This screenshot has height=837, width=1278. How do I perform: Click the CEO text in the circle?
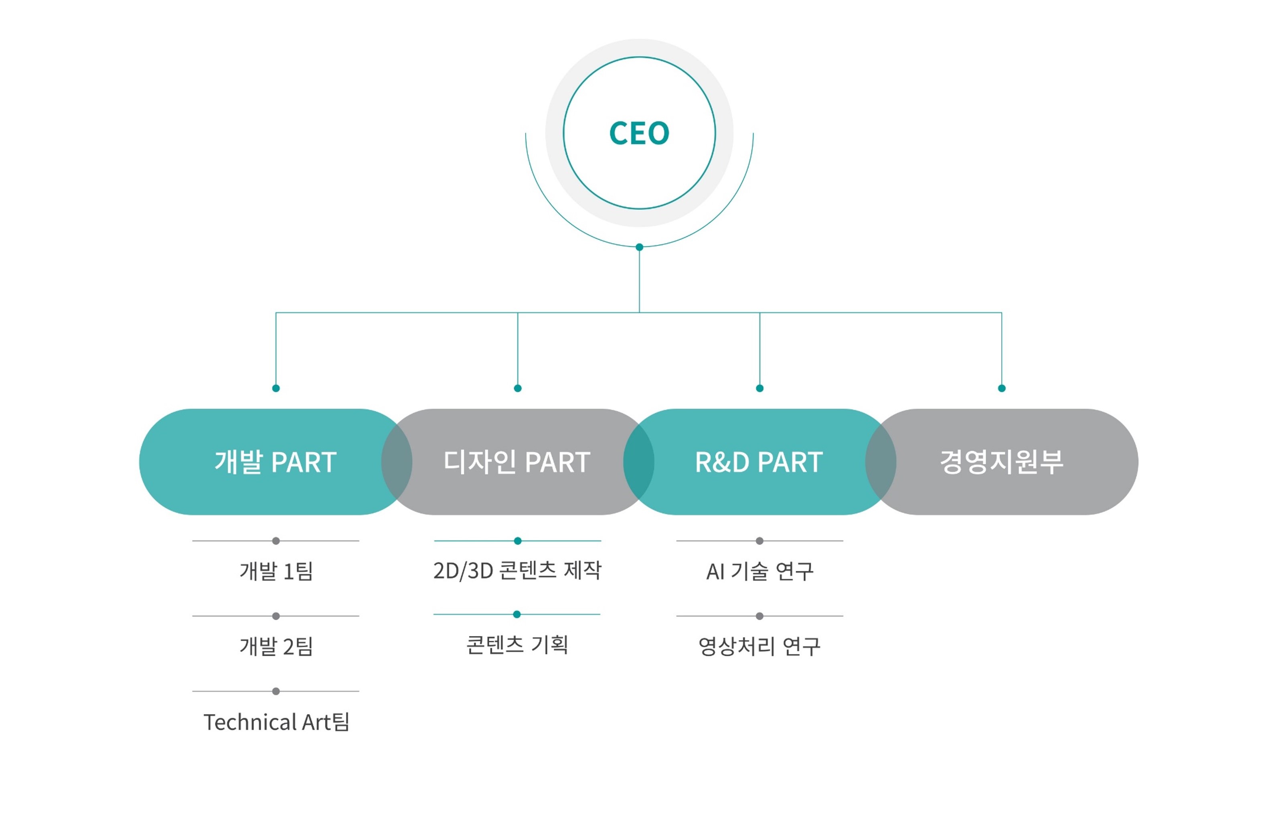pyautogui.click(x=639, y=133)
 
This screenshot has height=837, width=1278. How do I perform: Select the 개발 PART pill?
pyautogui.click(x=275, y=462)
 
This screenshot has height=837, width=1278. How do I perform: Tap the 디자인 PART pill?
pyautogui.click(x=517, y=462)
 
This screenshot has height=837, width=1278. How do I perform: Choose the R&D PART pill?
pyautogui.click(x=759, y=462)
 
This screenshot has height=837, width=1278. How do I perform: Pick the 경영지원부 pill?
pyautogui.click(x=1001, y=462)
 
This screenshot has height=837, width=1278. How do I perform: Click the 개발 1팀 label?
pyautogui.click(x=276, y=571)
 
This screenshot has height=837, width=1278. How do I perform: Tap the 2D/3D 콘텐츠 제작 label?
pyautogui.click(x=517, y=571)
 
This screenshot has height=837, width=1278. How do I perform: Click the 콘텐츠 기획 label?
pyautogui.click(x=517, y=644)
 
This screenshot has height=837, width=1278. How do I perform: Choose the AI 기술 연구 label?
pyautogui.click(x=759, y=571)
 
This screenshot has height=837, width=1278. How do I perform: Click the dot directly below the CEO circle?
pyautogui.click(x=639, y=247)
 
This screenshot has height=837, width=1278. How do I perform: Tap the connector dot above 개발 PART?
pyautogui.click(x=276, y=388)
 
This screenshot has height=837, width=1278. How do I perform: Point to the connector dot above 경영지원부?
pyautogui.click(x=1001, y=388)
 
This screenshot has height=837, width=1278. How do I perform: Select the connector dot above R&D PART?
pyautogui.click(x=759, y=388)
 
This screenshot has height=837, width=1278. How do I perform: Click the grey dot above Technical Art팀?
pyautogui.click(x=276, y=691)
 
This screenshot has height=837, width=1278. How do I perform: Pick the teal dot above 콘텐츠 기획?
pyautogui.click(x=516, y=614)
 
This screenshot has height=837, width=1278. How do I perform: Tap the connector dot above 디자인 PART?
pyautogui.click(x=518, y=388)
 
